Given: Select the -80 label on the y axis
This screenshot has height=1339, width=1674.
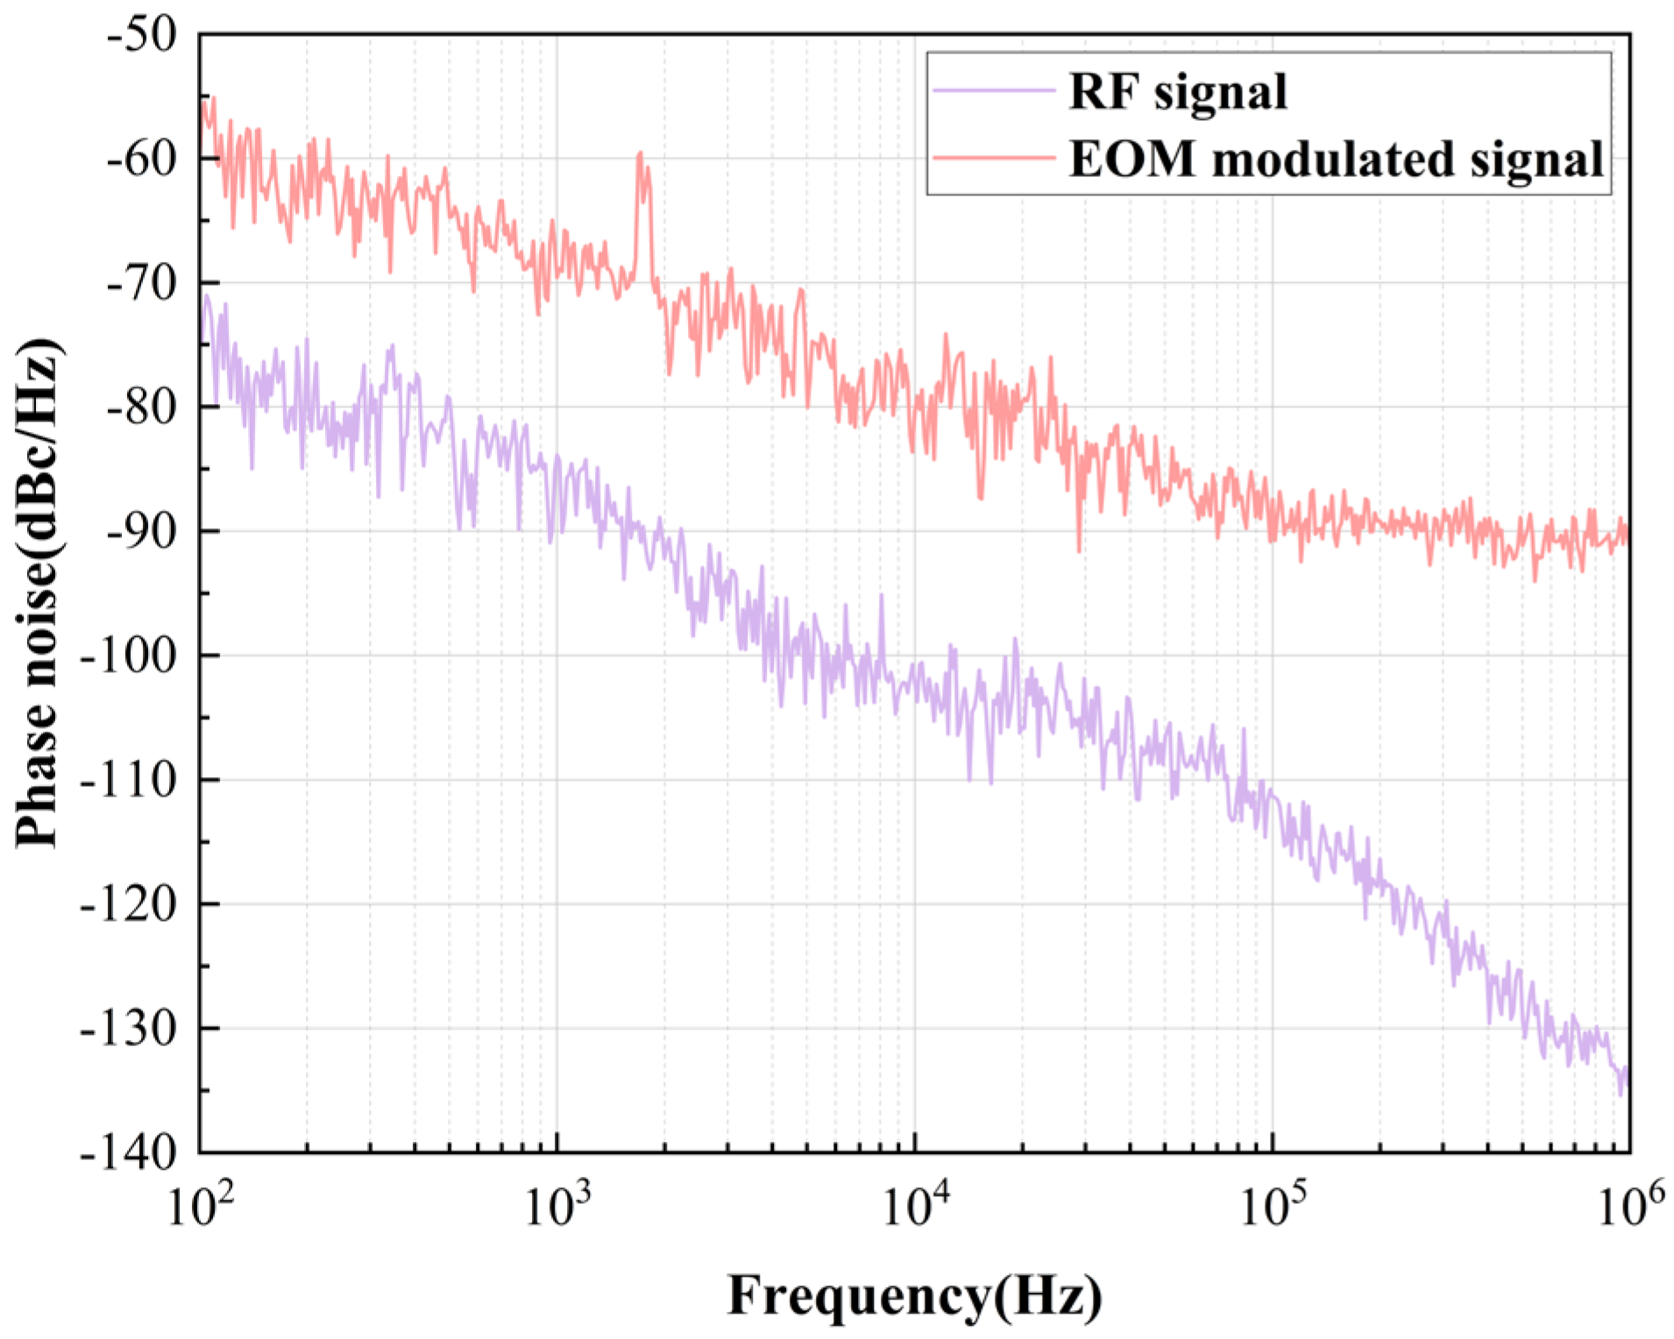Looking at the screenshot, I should (x=140, y=407).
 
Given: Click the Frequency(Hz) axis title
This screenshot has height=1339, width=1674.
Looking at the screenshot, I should (x=914, y=1295).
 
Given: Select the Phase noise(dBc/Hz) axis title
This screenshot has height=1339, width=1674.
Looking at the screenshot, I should (x=39, y=592).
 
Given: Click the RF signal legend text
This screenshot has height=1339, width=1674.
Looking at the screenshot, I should (x=1177, y=91).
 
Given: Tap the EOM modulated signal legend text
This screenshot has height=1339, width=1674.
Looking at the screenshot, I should (x=1336, y=159).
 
